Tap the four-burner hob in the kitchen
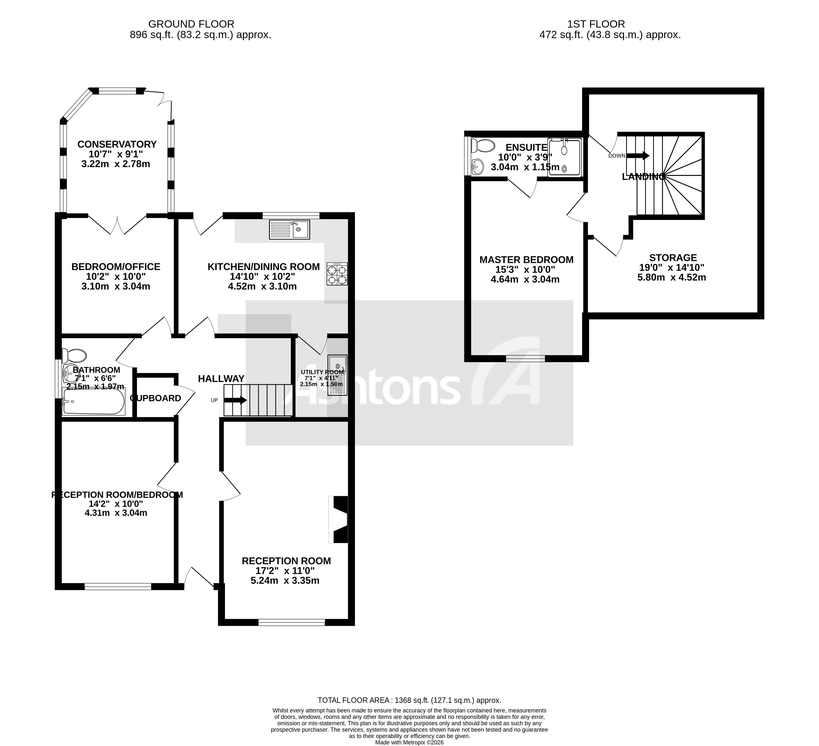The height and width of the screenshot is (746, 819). coord(337,275)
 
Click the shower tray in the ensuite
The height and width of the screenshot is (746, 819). coord(564,157)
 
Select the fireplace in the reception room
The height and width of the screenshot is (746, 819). coord(339,519)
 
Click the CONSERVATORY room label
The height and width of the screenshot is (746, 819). coord(117,144)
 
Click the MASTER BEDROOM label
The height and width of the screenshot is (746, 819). coord(526,259)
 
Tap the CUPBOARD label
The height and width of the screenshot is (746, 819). coord(156,398)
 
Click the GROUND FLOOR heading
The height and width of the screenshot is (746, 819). coord(191,24)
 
